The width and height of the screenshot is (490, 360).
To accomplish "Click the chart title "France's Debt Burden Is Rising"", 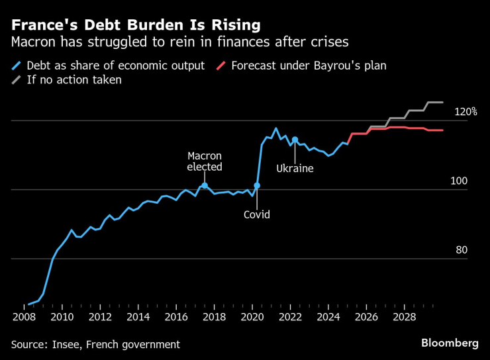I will tap(135, 25).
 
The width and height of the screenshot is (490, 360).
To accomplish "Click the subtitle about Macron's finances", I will tap(179, 42).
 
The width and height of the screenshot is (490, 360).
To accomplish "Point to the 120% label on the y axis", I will tap(465, 112).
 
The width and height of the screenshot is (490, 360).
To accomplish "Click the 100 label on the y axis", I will tap(460, 181).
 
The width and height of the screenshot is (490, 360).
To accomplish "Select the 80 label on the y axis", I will tap(462, 250).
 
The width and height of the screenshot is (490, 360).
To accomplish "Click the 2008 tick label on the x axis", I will tap(24, 317).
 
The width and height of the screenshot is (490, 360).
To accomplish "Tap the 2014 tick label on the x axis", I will tap(138, 317).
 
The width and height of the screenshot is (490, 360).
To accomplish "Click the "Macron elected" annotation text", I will tap(205, 161).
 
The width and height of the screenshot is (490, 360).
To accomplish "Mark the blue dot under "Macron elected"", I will tap(205, 185).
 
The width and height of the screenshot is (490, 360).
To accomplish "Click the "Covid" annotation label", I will tap(257, 214).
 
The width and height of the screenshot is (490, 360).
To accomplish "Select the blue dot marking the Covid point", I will tap(257, 185).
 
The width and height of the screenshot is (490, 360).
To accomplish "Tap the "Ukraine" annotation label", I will tap(295, 169).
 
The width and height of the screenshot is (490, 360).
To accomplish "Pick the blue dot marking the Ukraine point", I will tap(295, 140).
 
